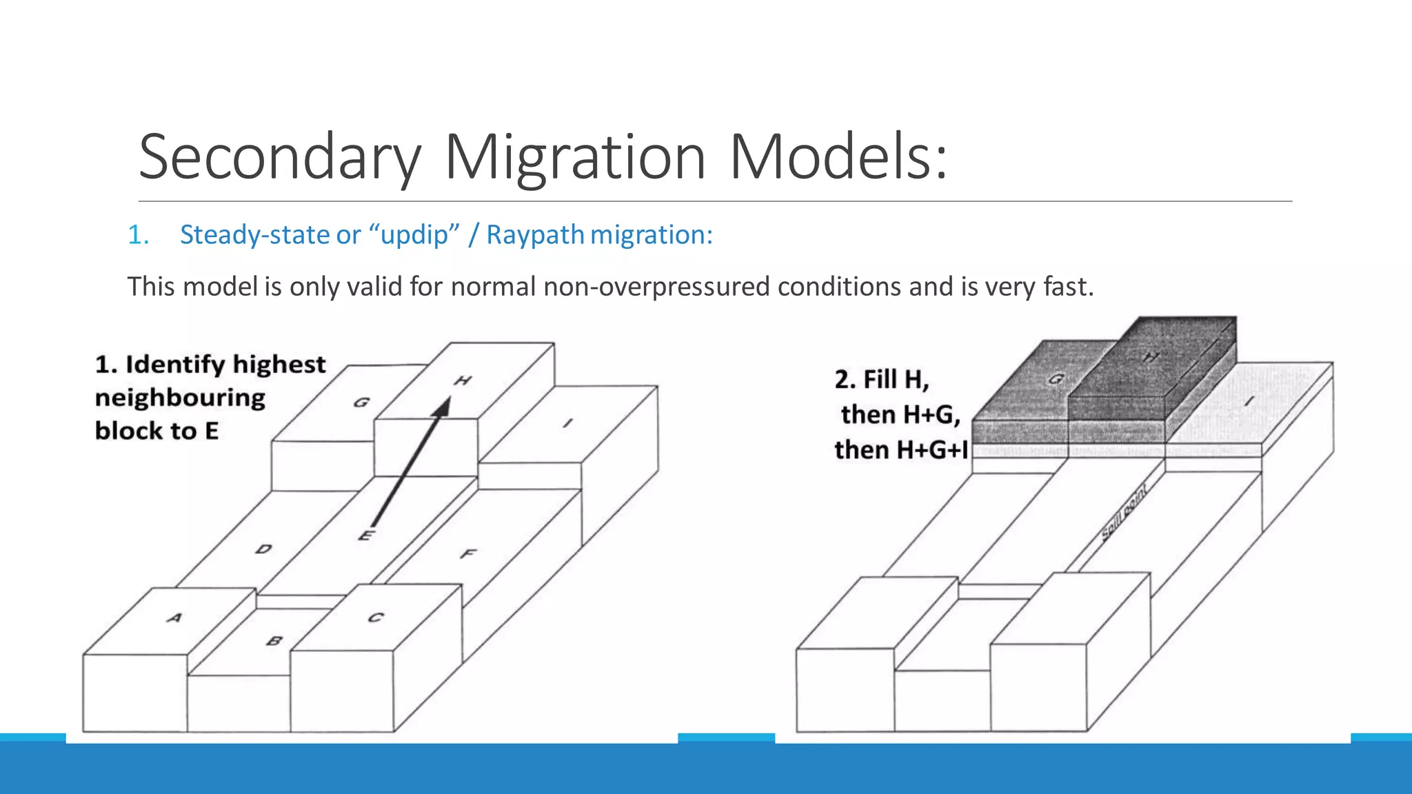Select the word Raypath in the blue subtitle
[535, 235]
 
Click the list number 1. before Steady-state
[138, 235]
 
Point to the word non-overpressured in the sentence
[656, 287]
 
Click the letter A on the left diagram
[174, 618]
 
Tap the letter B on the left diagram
[274, 640]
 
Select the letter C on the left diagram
[375, 617]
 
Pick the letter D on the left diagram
[263, 549]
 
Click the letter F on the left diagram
[468, 553]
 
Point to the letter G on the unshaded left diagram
[361, 402]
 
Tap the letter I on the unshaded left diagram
[567, 423]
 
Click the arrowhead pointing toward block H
[443, 406]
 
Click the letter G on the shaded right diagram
[1056, 378]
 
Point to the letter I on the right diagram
[1249, 401]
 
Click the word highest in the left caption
[279, 364]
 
